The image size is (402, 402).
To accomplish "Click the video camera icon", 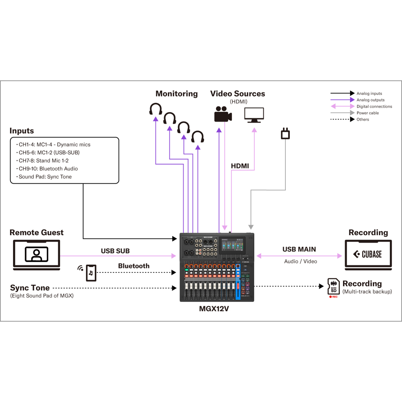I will (223, 114).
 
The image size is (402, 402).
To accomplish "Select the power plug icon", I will (285, 134).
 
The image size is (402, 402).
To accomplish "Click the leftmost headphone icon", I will (155, 109).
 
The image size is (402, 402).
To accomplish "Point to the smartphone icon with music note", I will (91, 273).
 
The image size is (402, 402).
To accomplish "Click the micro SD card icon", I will (333, 286).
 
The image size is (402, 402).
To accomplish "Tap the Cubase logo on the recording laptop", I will (368, 254).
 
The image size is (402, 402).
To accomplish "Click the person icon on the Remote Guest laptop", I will (36, 254).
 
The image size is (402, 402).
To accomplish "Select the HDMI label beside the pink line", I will (240, 166).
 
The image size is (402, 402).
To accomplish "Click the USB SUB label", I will (115, 251).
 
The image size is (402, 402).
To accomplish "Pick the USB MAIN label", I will (299, 249).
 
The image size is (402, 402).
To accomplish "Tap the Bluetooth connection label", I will (134, 266).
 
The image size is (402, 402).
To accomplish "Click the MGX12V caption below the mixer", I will (214, 309).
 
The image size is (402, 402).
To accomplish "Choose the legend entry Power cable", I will (367, 113).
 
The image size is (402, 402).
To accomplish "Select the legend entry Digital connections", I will (374, 106).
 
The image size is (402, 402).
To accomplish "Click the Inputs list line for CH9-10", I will (48, 169).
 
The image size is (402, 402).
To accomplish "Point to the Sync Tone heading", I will (30, 288).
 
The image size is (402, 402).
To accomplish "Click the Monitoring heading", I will (177, 94).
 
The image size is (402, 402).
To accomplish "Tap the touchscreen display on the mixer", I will (232, 246).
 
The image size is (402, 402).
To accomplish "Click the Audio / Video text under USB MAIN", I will (301, 261).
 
